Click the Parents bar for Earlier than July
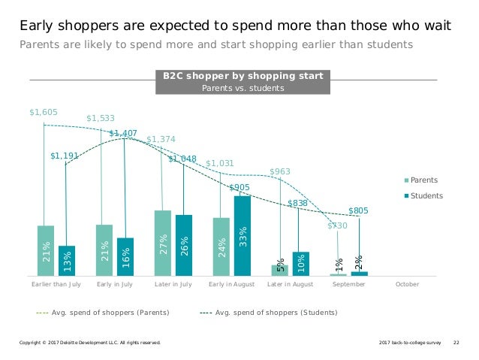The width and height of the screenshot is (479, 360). [x=46, y=250]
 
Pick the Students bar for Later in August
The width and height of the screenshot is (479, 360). [x=301, y=263]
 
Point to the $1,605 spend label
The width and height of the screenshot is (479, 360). [x=43, y=112]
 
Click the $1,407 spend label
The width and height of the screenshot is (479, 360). [x=123, y=133]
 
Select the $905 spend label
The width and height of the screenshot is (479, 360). [x=239, y=187]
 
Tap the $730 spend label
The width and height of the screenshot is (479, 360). [x=338, y=225]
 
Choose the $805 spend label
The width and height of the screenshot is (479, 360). [x=358, y=211]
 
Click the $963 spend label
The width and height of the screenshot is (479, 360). [x=280, y=171]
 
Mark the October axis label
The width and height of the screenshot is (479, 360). [x=407, y=285]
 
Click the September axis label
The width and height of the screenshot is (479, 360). [x=348, y=285]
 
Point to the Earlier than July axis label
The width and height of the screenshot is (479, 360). [x=56, y=285]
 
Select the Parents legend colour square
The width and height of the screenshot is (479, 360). [x=406, y=180]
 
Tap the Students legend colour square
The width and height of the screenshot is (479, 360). [x=406, y=196]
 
